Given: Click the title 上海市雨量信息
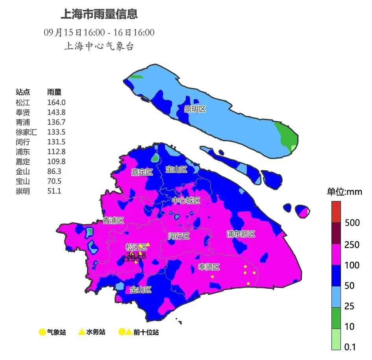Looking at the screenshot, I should [99, 15].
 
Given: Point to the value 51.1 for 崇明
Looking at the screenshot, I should [54, 191].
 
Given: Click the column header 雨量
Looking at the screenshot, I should [54, 92].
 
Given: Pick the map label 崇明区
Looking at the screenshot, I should [195, 109].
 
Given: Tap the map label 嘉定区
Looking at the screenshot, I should [142, 172].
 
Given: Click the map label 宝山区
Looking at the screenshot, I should [176, 170].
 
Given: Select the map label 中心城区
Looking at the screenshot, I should [186, 201].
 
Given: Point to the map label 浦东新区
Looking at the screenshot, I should [241, 234].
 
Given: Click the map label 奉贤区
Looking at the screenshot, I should [209, 267].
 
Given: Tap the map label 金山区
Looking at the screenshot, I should [141, 290].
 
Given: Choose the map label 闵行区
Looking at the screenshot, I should [179, 236].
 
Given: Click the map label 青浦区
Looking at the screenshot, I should [113, 221].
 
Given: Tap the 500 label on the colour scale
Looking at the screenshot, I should [352, 223].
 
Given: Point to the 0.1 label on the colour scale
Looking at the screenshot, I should [350, 347].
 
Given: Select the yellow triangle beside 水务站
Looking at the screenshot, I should [81, 332].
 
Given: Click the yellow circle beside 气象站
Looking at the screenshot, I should [42, 332].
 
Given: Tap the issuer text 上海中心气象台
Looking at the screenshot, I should [99, 46].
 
